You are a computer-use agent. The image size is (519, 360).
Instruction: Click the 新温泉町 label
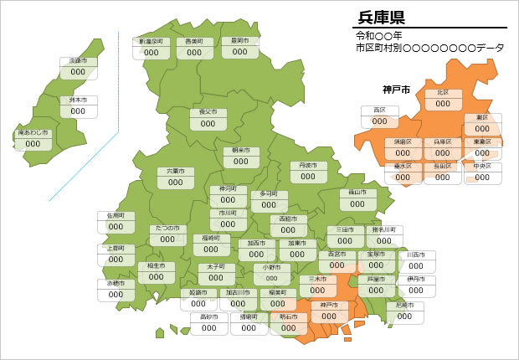click(152, 40)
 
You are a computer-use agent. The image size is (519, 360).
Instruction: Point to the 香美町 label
click(194, 40)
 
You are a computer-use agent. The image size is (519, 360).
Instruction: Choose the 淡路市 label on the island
click(78, 61)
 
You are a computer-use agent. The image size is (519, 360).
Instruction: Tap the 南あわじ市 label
click(33, 133)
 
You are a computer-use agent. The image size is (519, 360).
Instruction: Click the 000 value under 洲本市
click(78, 111)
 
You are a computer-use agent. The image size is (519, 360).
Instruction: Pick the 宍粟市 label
click(176, 171)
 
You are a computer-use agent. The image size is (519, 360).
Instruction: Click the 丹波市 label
click(308, 166)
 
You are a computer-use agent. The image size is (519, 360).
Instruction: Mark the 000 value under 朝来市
click(241, 162)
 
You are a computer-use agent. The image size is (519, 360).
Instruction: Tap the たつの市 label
click(168, 229)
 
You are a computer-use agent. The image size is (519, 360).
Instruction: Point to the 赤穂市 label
click(116, 283)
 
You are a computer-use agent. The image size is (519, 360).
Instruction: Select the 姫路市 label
click(203, 293)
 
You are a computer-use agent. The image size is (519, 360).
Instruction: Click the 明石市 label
click(287, 317)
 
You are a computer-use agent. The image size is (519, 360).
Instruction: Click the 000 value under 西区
click(380, 121)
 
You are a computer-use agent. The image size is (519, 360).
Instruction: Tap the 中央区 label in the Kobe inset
click(481, 166)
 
